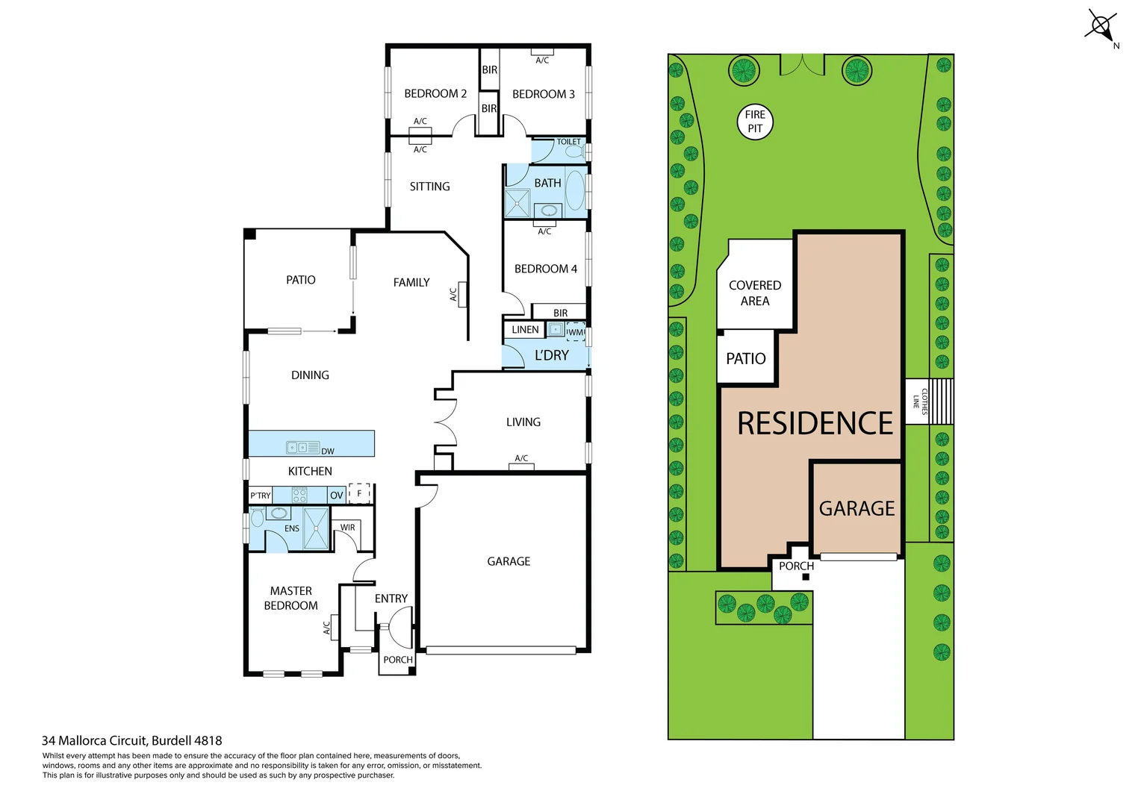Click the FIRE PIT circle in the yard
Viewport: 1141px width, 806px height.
(755, 122)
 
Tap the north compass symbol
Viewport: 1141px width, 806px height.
(1101, 26)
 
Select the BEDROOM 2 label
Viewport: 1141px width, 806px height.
(435, 94)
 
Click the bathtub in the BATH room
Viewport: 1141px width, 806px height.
(574, 190)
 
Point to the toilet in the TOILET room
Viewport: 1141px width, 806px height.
(574, 151)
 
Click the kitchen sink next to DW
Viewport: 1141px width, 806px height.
(303, 448)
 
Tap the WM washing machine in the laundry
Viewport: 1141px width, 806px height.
(576, 331)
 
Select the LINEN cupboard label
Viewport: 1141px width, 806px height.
(525, 330)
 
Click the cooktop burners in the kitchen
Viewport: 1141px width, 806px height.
(299, 495)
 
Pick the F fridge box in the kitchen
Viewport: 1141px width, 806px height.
(359, 493)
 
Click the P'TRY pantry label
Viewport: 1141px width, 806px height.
(261, 496)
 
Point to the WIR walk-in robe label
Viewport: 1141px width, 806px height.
(348, 528)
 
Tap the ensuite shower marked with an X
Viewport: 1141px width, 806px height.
(316, 528)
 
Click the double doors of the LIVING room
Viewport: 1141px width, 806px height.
(445, 422)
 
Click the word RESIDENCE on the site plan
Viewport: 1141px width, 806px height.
(815, 424)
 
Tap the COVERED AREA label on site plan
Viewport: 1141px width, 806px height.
(755, 293)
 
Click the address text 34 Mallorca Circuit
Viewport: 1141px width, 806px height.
(131, 741)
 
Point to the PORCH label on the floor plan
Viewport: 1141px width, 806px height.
(397, 660)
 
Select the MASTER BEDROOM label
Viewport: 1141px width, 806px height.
(290, 599)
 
